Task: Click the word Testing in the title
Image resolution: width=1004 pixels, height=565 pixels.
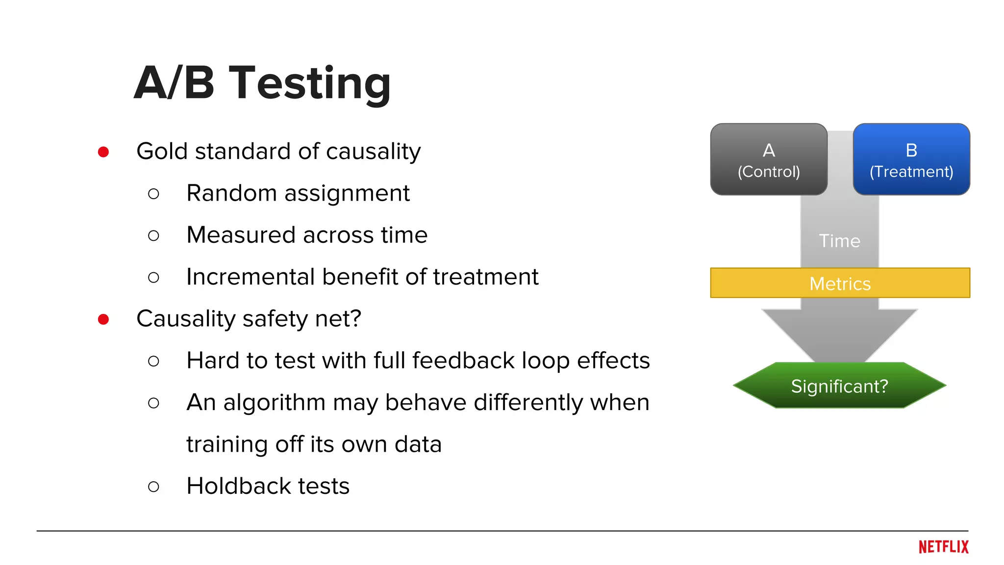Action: pos(310,83)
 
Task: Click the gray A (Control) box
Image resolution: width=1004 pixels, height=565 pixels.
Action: pos(768,160)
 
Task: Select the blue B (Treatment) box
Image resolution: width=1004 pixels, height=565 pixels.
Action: pos(911,160)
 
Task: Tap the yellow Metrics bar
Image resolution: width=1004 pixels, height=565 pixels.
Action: pos(839,283)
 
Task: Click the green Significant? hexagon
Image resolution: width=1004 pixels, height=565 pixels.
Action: pos(839,386)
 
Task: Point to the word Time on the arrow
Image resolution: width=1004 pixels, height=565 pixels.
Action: pos(839,241)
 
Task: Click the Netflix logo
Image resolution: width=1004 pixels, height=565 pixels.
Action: pos(943,547)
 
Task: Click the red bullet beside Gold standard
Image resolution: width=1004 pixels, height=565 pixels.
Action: pos(103,152)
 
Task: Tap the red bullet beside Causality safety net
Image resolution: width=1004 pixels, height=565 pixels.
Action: pos(103,320)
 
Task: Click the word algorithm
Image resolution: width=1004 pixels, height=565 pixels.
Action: pos(274,403)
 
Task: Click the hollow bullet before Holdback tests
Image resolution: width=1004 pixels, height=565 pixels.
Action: pos(153,487)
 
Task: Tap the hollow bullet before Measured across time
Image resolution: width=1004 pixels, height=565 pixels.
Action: pos(153,236)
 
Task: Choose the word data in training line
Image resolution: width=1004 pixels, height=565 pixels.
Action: pos(418,444)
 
